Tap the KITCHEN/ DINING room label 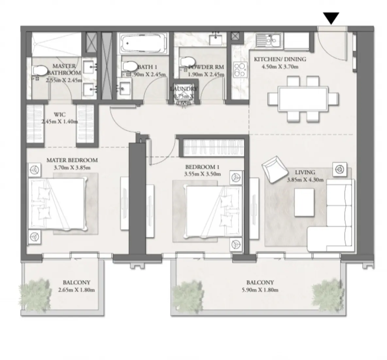coord(280,60)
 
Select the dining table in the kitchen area coord(303,99)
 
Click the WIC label coord(60,115)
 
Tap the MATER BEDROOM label coord(72,160)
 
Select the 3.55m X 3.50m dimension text coord(202,174)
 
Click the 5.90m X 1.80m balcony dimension coord(260,290)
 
